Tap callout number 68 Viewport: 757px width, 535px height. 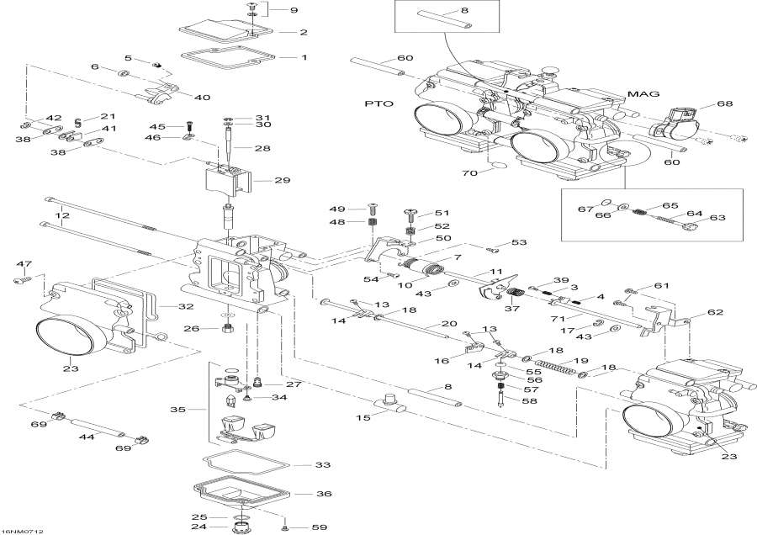click(x=724, y=103)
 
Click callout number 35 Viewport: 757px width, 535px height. click(x=177, y=410)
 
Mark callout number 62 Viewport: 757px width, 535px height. click(x=715, y=312)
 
